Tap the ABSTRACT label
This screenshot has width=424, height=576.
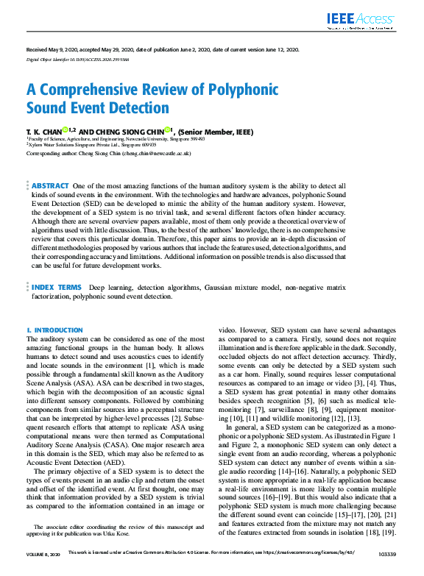click(x=50, y=186)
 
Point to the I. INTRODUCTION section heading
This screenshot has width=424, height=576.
click(x=54, y=330)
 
